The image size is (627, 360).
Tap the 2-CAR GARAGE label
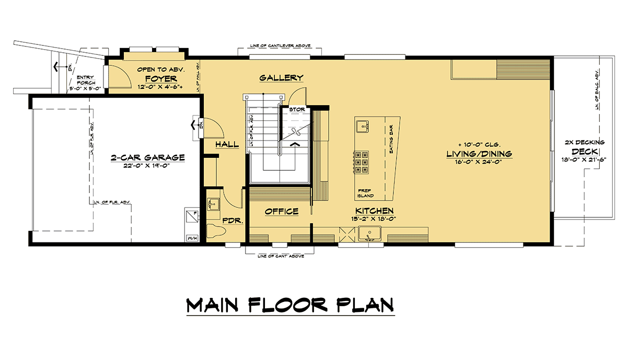coord(147,157)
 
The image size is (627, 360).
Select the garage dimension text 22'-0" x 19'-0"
coord(148,166)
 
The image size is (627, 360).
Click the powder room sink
coord(213,204)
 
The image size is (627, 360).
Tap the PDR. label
coord(233,221)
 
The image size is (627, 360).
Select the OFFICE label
coord(281,212)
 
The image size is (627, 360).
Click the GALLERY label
coord(281,78)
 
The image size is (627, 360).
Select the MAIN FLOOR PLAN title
coord(290,305)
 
